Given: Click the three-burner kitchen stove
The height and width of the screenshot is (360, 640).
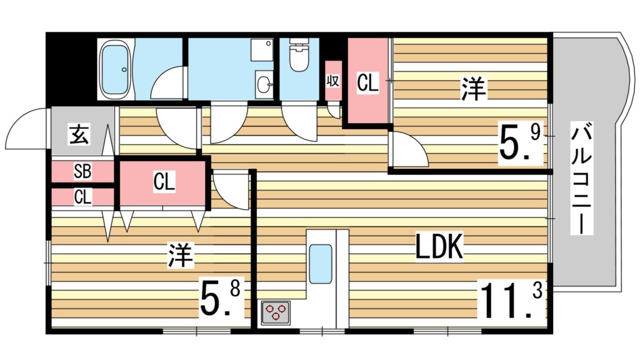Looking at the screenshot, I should coord(276,311).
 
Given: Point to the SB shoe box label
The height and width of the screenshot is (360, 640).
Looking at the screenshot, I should coord(82,171).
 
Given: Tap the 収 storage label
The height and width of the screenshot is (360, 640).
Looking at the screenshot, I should coord(332,81).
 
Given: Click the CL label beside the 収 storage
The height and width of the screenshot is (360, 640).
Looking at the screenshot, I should coord(367,82).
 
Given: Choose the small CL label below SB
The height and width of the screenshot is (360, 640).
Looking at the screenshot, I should coord(82,197).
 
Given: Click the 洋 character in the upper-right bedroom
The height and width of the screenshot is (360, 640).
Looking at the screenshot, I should coord(473,89).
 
